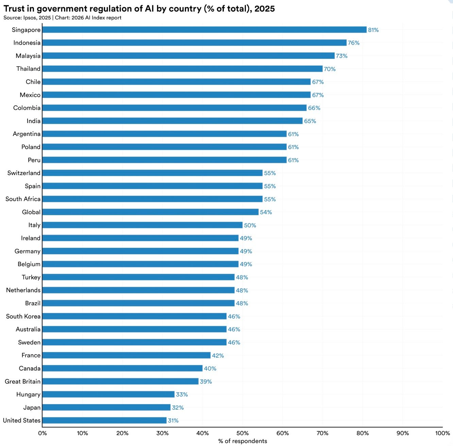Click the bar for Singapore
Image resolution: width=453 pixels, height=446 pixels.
click(x=204, y=30)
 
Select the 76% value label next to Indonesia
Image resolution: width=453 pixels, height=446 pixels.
click(x=353, y=43)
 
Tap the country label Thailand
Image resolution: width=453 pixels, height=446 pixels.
click(x=28, y=69)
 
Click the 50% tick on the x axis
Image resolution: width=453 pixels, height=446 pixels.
click(x=242, y=433)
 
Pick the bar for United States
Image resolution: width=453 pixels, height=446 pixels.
click(x=104, y=421)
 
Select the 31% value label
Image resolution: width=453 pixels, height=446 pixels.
click(x=173, y=421)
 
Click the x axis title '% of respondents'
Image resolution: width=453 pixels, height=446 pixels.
click(x=242, y=441)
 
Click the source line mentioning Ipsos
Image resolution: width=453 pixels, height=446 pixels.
click(x=62, y=18)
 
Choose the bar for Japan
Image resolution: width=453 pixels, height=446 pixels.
click(x=106, y=407)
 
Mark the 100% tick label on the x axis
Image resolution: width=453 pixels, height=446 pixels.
click(x=442, y=433)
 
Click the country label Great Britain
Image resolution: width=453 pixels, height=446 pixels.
click(x=22, y=381)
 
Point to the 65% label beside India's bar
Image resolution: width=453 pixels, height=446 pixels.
click(x=310, y=121)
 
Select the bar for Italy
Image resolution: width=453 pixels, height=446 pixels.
click(x=142, y=225)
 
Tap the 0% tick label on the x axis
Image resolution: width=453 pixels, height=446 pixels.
click(x=43, y=433)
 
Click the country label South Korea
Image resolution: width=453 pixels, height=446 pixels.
click(x=23, y=316)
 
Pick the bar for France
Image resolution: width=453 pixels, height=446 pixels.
click(x=126, y=355)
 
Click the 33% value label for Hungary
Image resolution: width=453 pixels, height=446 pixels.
click(x=182, y=394)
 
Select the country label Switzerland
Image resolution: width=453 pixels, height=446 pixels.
click(x=24, y=173)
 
